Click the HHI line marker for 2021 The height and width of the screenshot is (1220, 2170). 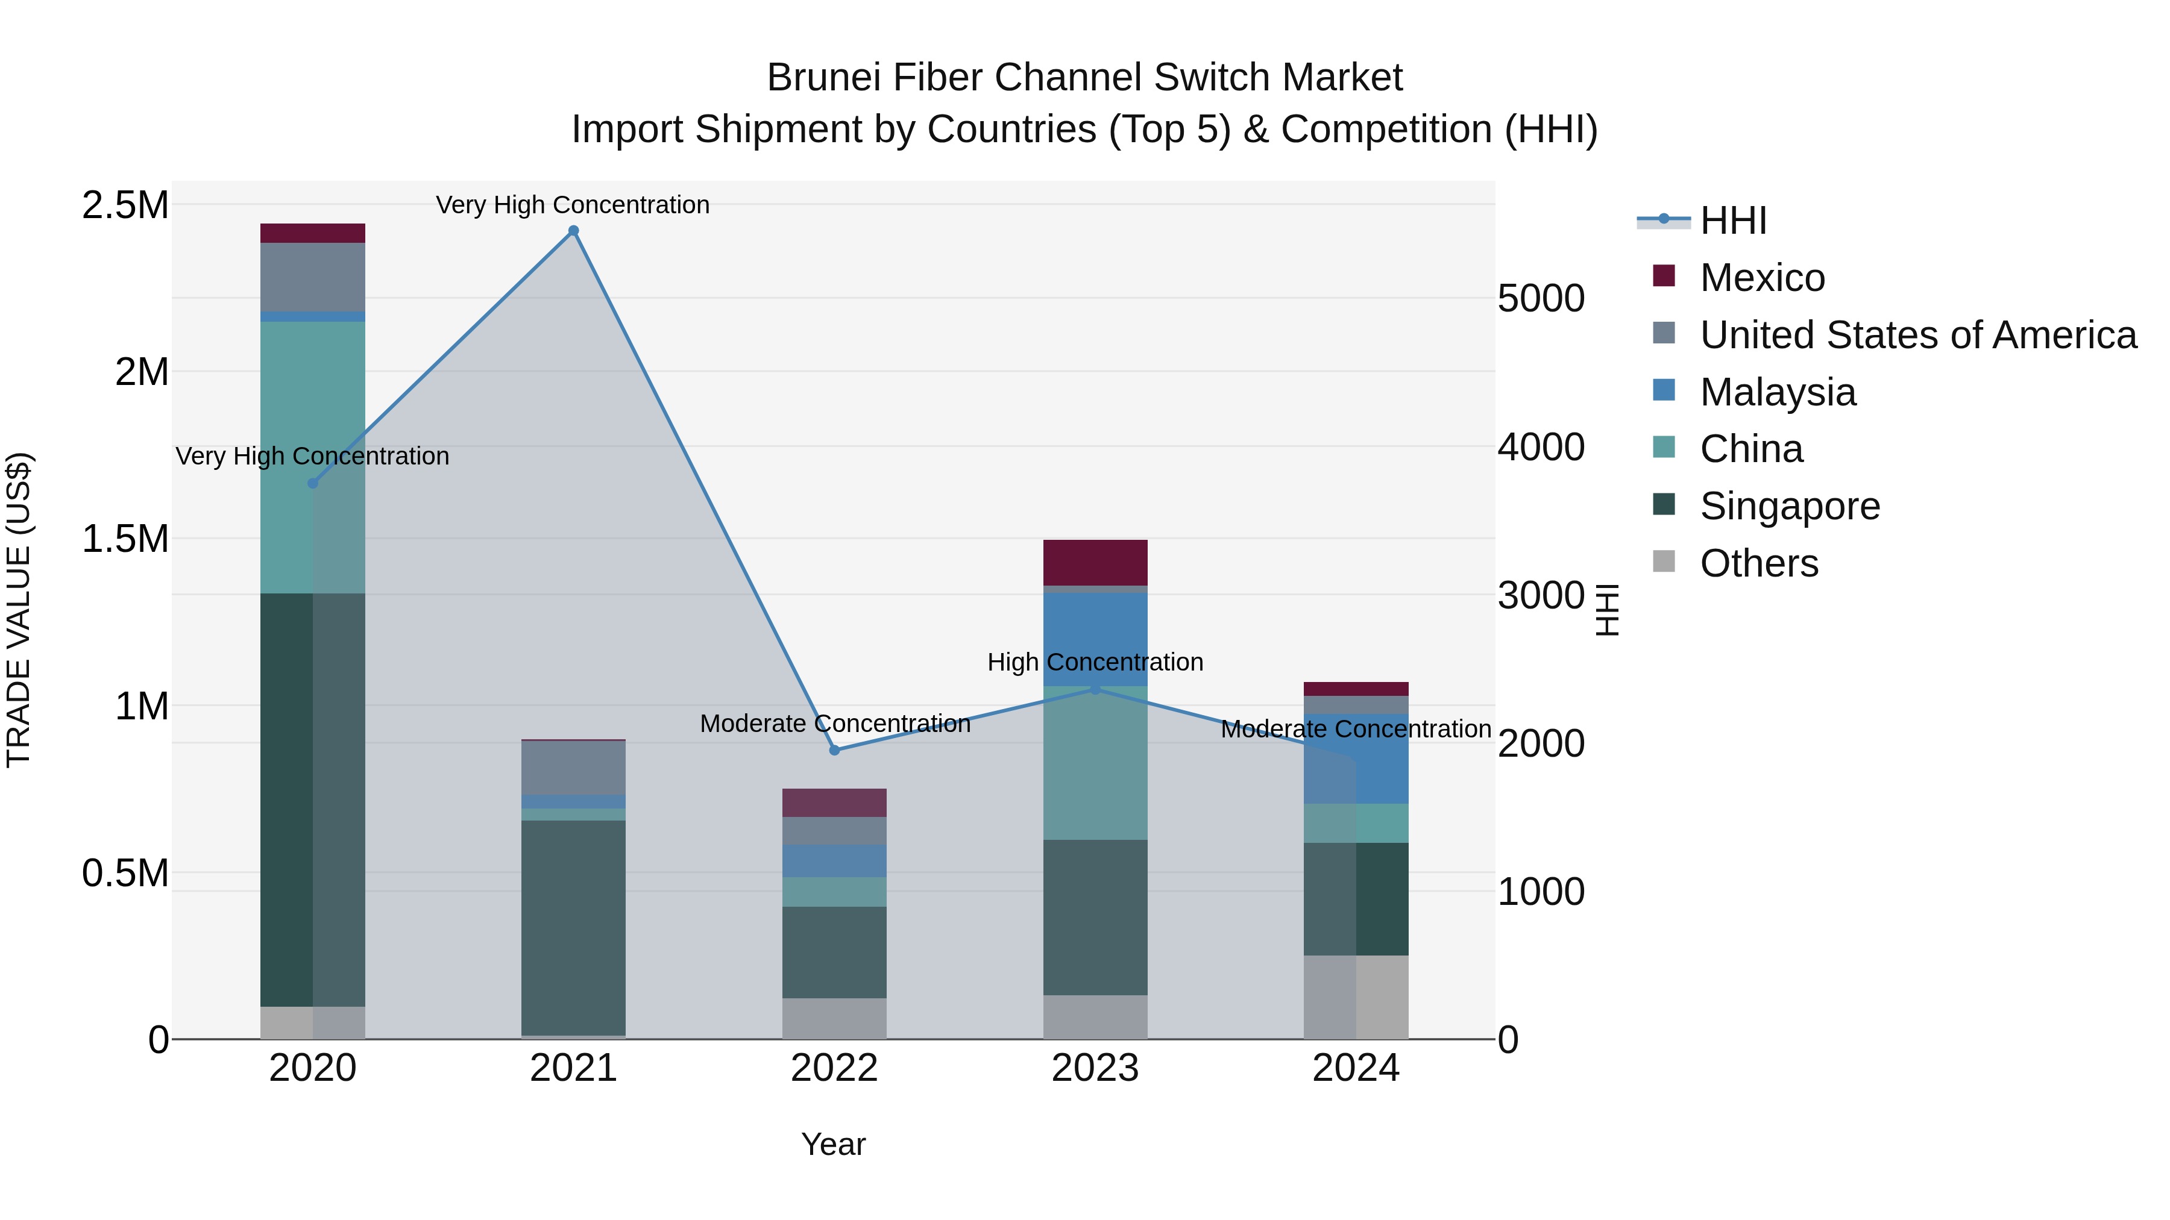point(574,231)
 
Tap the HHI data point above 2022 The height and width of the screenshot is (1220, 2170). point(835,750)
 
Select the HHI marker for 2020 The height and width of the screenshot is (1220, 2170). point(312,483)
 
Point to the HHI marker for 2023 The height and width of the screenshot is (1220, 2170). point(1095,689)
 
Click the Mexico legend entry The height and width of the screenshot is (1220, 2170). point(1761,278)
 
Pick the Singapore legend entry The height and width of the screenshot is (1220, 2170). point(1789,506)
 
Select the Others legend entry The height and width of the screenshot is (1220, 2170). point(1758,563)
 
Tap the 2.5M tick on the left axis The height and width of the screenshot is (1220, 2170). point(125,205)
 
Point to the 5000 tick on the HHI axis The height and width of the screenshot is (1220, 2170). point(1541,298)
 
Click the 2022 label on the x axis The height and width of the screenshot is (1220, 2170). point(834,1068)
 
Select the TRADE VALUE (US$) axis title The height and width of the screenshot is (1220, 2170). point(19,610)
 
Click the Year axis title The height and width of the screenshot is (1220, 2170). point(833,1144)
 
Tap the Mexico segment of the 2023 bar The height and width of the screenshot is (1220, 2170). point(1095,563)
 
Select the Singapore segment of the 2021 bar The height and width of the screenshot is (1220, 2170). point(574,926)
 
